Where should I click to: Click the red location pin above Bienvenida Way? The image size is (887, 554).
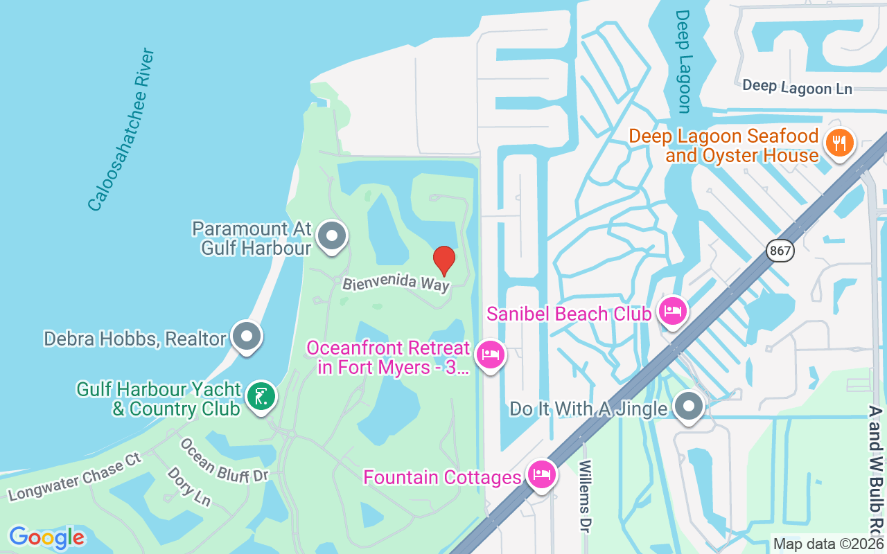(x=444, y=260)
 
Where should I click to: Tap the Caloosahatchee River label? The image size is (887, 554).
(x=121, y=129)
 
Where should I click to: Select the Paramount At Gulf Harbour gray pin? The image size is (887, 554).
(x=332, y=236)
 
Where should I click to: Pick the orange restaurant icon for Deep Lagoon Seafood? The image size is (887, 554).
(x=839, y=143)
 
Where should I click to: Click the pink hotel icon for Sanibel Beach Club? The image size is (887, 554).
(x=672, y=310)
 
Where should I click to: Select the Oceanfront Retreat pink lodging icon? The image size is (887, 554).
(x=491, y=355)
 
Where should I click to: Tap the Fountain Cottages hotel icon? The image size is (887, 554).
(x=541, y=475)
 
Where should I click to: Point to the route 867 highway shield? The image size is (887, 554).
(x=780, y=251)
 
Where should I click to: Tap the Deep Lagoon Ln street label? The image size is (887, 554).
(x=797, y=87)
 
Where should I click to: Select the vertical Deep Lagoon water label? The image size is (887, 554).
(x=683, y=61)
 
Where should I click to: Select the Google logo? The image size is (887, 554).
(x=46, y=537)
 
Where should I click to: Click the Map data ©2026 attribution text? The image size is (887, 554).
(x=828, y=544)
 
